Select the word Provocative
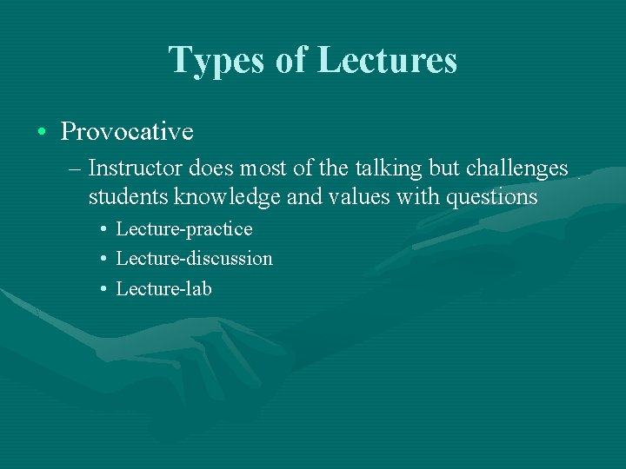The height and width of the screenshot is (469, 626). point(127,132)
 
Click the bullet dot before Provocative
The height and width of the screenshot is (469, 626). point(42,133)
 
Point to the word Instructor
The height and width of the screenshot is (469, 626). point(130,167)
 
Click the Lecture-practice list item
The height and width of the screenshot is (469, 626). point(183,229)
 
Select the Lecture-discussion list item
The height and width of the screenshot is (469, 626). point(194,259)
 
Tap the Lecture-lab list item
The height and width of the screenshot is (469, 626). point(163,288)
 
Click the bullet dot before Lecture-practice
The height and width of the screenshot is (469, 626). point(103,230)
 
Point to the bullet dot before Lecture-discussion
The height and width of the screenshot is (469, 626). point(103,260)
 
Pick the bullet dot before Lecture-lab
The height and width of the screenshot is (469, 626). point(103,289)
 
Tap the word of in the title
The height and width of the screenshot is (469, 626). point(291,60)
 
